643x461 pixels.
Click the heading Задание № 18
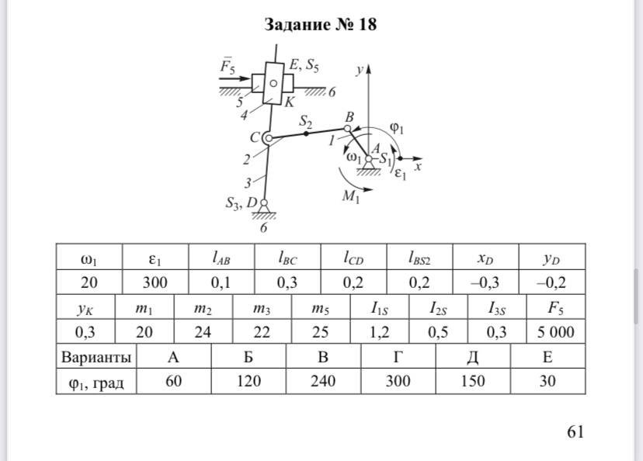pos(320,25)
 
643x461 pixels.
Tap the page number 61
pos(575,432)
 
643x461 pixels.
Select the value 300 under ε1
pos(155,282)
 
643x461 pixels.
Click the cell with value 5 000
pos(556,332)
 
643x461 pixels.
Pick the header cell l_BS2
pos(419,258)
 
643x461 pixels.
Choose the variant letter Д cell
pos(473,357)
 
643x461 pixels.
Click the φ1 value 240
pos(323,381)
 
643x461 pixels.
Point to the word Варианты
pos(96,357)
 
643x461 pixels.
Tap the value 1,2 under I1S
pos(379,332)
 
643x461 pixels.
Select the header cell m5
pos(320,307)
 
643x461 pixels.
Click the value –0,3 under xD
pos(485,282)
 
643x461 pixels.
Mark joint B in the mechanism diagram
pos(347,129)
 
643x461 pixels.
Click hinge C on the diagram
pos(268,138)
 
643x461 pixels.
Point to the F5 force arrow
pos(235,78)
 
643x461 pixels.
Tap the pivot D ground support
pos(264,208)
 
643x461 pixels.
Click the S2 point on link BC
pos(306,133)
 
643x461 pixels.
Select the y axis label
pos(359,71)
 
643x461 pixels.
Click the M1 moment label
pos(350,197)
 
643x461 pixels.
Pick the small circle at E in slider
pos(273,84)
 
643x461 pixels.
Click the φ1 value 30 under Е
pos(547,381)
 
